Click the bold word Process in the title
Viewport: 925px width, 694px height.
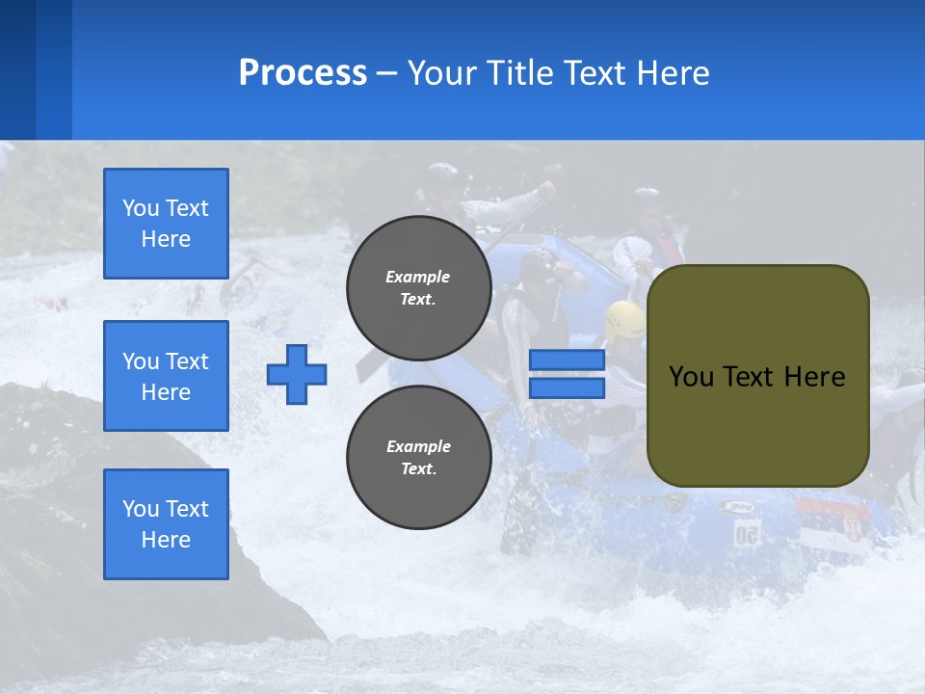pyautogui.click(x=303, y=73)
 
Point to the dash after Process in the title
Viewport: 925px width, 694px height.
pyautogui.click(x=387, y=73)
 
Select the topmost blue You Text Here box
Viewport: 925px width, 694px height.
pyautogui.click(x=166, y=224)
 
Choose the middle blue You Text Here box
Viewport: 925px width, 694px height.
pyautogui.click(x=166, y=376)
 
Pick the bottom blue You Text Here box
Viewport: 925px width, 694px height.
pyautogui.click(x=166, y=524)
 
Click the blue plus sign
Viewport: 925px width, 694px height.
pyautogui.click(x=297, y=374)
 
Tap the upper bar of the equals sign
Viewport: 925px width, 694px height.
pyautogui.click(x=568, y=360)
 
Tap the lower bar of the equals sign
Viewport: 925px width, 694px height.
pyautogui.click(x=568, y=388)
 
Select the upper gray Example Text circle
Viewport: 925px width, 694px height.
pyautogui.click(x=419, y=288)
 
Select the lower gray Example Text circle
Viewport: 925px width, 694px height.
pyautogui.click(x=419, y=458)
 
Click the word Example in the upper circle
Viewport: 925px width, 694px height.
pyautogui.click(x=418, y=277)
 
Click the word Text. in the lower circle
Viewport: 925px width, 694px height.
pyautogui.click(x=418, y=469)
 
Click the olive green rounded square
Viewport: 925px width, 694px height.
pyautogui.click(x=758, y=376)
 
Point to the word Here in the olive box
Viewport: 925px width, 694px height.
pyautogui.click(x=814, y=377)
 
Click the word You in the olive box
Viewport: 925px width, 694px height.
pyautogui.click(x=691, y=377)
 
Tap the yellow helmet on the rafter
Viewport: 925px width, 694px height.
pyautogui.click(x=625, y=318)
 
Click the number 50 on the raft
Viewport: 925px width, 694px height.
pyautogui.click(x=746, y=534)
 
